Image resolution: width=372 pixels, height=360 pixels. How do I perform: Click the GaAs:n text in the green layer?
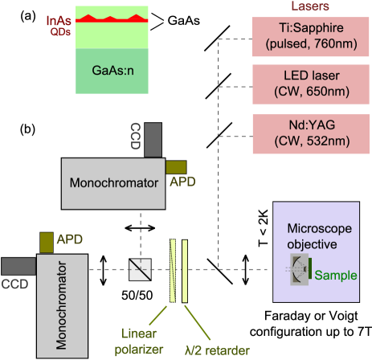(112, 67)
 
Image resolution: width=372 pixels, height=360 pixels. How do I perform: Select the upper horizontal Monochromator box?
(112, 182)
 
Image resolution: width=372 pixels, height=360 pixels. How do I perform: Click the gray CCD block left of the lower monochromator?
(17, 264)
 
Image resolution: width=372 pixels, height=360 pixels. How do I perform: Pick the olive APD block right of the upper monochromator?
(175, 166)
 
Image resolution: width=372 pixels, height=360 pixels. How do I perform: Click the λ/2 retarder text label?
(215, 350)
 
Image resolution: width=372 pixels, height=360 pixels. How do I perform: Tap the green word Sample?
(336, 275)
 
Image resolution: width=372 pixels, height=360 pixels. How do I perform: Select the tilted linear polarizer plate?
(174, 268)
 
